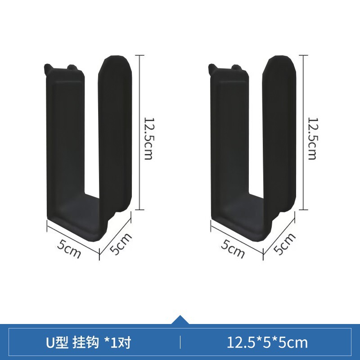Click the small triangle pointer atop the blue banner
coord(180,319)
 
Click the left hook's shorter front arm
coord(66,144)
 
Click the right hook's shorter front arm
coord(229,144)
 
